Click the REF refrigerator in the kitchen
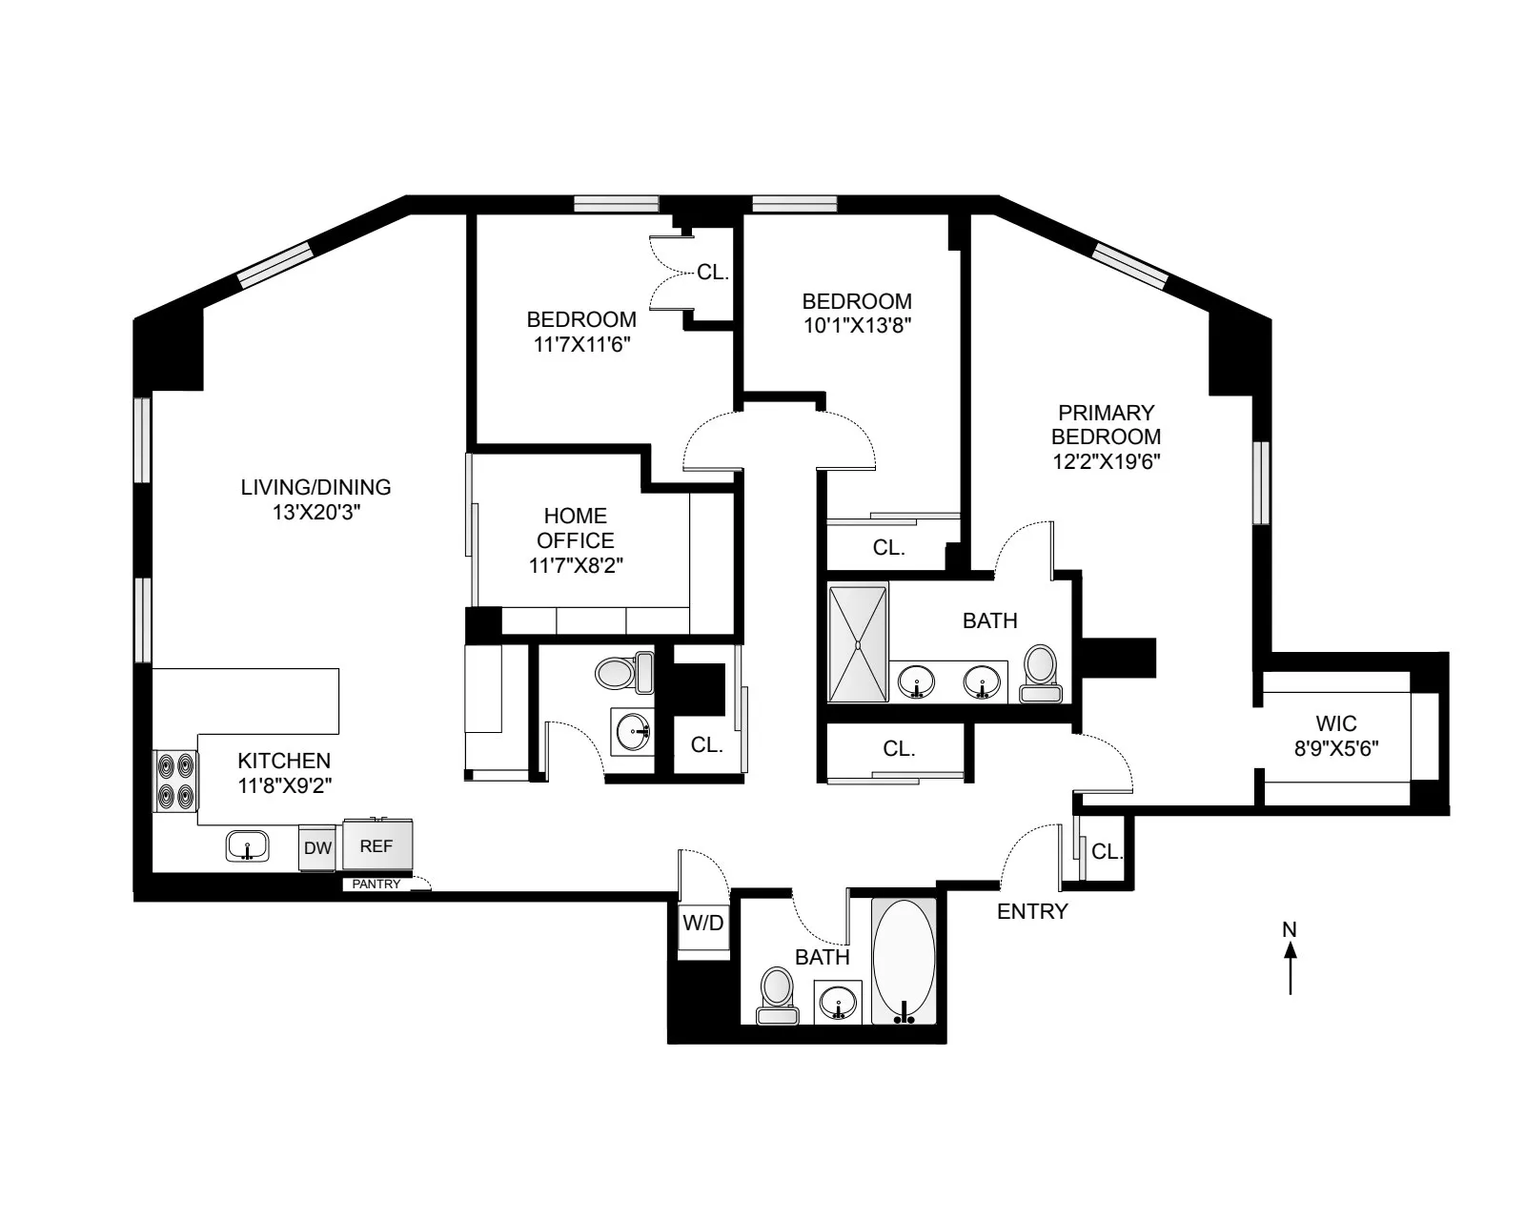click(377, 845)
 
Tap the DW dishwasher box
click(317, 847)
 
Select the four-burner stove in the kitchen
click(175, 781)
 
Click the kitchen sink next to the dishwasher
click(248, 845)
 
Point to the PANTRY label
click(376, 884)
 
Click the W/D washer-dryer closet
click(702, 923)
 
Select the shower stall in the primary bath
click(858, 643)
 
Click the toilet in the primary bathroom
click(1040, 675)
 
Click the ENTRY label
click(1032, 911)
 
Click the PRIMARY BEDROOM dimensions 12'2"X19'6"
click(1106, 461)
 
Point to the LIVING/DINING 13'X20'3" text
click(315, 499)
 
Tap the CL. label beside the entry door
click(1107, 851)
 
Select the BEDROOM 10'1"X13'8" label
click(856, 313)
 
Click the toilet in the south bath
click(776, 995)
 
